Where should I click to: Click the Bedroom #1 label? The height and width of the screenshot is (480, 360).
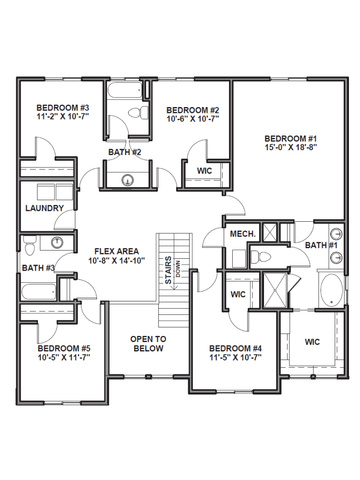[x=290, y=138]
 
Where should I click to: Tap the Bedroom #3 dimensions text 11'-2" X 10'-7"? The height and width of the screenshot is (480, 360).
[x=63, y=116]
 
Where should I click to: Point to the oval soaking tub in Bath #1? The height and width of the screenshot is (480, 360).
[x=331, y=290]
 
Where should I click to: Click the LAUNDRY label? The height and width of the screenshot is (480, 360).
[x=45, y=208]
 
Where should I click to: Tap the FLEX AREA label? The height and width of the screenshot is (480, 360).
[x=116, y=251]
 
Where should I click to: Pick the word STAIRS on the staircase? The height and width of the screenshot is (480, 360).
[x=168, y=270]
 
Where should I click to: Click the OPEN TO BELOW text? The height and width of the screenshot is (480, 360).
[x=148, y=344]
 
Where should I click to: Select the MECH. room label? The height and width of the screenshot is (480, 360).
[x=243, y=234]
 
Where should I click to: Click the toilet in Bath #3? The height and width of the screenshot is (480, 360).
[x=29, y=246]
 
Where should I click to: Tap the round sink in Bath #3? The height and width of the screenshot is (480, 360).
[x=57, y=242]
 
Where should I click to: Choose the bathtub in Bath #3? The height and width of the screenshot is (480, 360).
[x=39, y=292]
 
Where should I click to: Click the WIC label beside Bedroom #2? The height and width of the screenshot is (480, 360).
[x=204, y=171]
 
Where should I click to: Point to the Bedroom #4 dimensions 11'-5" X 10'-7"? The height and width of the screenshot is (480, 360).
[x=236, y=357]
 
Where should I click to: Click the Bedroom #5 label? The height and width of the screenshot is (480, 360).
[x=64, y=348]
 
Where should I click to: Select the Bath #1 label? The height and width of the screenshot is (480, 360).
[x=321, y=245]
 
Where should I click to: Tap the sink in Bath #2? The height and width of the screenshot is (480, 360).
[x=127, y=180]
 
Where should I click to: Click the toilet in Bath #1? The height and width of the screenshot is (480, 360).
[x=261, y=257]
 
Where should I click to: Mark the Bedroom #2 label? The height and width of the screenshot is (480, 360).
[x=193, y=110]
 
